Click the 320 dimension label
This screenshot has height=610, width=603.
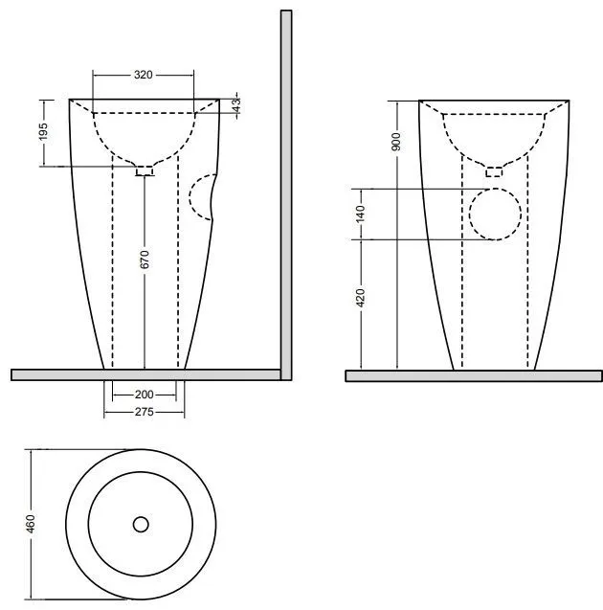click(143, 75)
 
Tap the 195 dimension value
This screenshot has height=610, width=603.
click(43, 131)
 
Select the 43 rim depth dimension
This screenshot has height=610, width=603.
click(236, 103)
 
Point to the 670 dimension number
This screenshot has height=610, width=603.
click(145, 260)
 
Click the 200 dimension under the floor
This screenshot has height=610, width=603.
click(144, 395)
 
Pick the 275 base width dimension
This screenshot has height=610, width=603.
click(144, 412)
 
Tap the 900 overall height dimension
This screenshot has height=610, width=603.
click(396, 142)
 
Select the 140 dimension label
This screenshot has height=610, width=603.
click(361, 215)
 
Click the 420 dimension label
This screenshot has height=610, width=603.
click(361, 298)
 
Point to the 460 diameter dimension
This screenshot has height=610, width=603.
click(31, 524)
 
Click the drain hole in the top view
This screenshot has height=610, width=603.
click(141, 525)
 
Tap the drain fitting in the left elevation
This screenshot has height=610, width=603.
click(145, 170)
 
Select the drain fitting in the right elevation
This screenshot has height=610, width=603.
click(494, 171)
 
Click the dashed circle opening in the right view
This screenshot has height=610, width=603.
click(495, 214)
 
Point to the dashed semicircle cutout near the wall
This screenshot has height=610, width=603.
click(202, 197)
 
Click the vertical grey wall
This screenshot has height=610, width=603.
click(286, 195)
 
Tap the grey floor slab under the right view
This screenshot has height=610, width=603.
click(474, 375)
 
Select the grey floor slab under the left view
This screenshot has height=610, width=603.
click(145, 374)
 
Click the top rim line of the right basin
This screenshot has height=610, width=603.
click(494, 101)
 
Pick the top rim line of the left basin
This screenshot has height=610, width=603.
click(145, 100)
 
